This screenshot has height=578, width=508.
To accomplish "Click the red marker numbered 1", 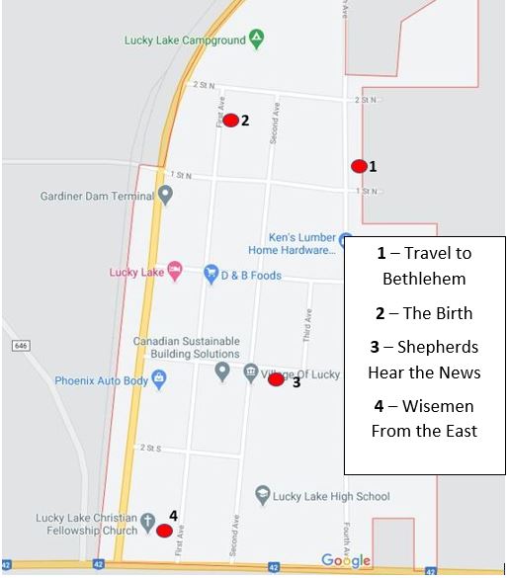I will (359, 166).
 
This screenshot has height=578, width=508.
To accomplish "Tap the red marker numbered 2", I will (230, 121).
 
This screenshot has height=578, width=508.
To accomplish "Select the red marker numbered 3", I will (277, 379).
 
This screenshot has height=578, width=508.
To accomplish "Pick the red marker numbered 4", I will (164, 530).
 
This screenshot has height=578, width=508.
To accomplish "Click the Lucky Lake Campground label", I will (184, 41).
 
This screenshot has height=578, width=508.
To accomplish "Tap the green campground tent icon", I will (257, 40).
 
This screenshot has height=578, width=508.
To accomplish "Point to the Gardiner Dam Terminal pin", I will (166, 196).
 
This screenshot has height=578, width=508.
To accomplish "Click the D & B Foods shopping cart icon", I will (210, 272).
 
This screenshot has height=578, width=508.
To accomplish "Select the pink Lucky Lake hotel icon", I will (175, 270).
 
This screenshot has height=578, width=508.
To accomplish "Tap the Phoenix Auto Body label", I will (101, 380).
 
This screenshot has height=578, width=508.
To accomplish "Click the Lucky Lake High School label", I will (335, 496).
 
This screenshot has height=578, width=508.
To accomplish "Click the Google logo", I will (346, 561).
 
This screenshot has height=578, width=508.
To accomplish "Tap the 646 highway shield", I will (21, 346).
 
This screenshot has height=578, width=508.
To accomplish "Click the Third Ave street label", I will (307, 324).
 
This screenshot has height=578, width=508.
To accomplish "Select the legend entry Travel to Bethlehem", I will (425, 266).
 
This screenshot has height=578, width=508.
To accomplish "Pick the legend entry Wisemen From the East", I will (425, 418).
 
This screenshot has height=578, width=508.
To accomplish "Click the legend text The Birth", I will (425, 313).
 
